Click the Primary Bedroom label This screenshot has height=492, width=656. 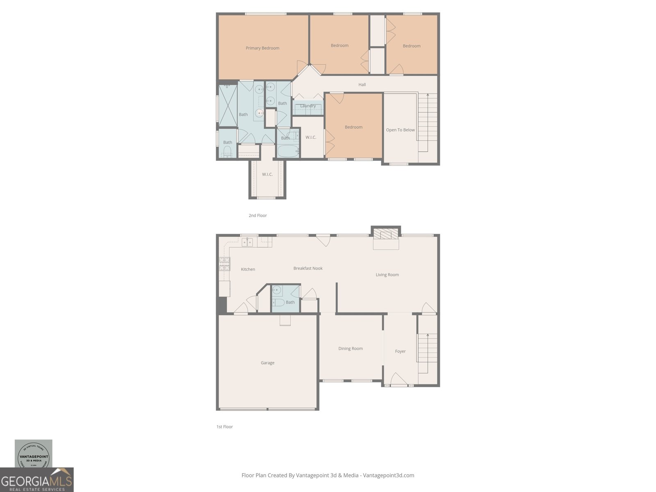pos(262,48)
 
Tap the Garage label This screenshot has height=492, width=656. pos(267,363)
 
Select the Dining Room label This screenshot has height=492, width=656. pos(350,348)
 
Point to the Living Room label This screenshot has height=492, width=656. pos(387,275)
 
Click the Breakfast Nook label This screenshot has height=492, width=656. pos(307,268)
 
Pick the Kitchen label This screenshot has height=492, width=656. pos(248,269)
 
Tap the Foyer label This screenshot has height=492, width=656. pos(400,351)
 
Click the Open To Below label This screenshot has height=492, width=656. pos(400,130)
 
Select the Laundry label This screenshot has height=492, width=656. pos(308,106)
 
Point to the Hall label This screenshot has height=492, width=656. pos(362,85)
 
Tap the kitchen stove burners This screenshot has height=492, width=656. pos(224,264)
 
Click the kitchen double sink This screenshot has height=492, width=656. pos(247,242)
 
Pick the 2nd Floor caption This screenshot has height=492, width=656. pos(257,216)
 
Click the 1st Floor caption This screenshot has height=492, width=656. pos(225,427)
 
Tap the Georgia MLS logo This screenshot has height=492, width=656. pos(36,480)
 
